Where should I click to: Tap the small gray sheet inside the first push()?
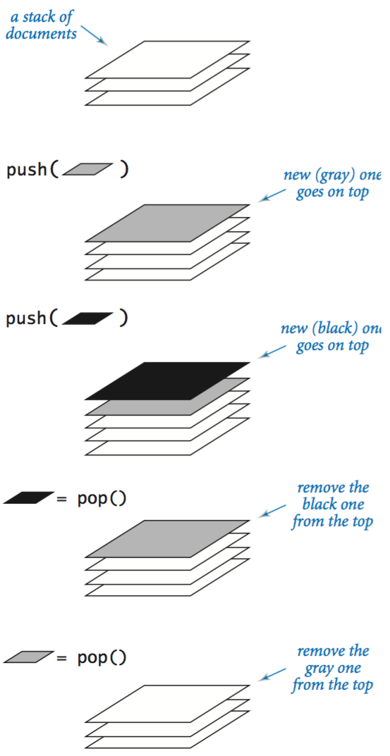(x=87, y=169)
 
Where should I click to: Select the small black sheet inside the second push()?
(x=87, y=318)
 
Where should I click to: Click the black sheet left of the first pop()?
(x=29, y=497)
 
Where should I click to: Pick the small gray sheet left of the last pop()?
(x=29, y=656)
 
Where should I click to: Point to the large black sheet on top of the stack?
(x=167, y=381)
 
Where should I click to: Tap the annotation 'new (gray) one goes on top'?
(x=332, y=183)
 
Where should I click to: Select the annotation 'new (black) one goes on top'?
(x=331, y=337)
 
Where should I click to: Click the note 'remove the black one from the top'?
(x=331, y=505)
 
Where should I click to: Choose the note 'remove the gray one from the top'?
(x=331, y=668)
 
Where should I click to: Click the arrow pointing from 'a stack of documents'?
(x=94, y=35)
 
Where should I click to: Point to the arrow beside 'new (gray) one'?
(x=272, y=195)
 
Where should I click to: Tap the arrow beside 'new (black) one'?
(x=272, y=351)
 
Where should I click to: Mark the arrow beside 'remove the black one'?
(x=272, y=512)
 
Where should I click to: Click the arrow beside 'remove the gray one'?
(x=272, y=674)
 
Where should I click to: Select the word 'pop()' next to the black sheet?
(x=102, y=499)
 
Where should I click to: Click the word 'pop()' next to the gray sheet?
(x=102, y=657)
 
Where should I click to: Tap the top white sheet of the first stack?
(x=167, y=59)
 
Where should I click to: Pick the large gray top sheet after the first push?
(x=167, y=223)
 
